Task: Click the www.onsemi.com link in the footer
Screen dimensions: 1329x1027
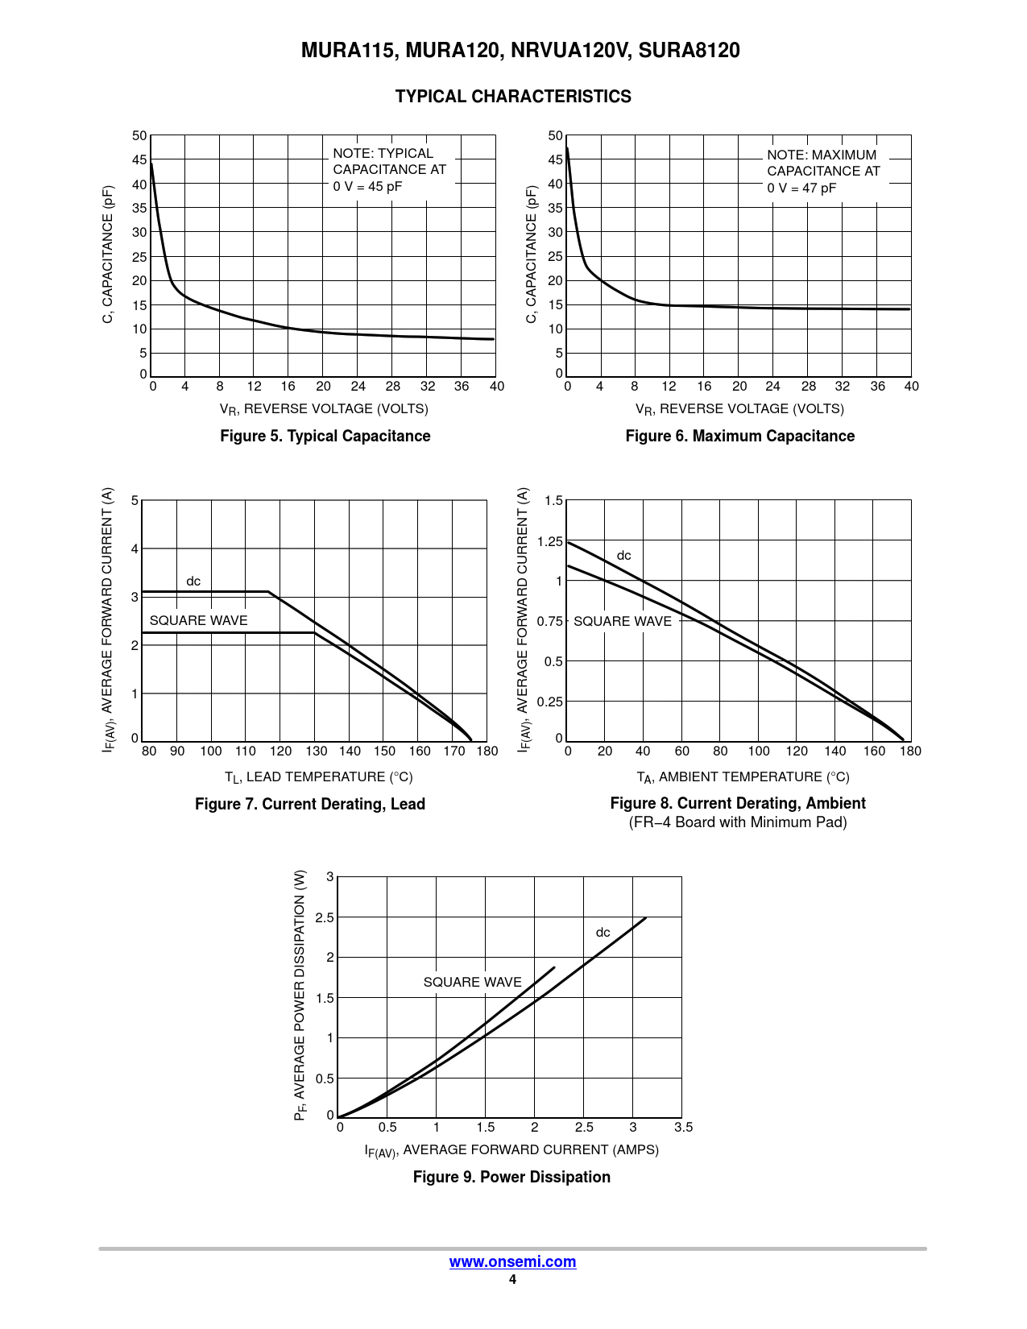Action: pyautogui.click(x=512, y=1261)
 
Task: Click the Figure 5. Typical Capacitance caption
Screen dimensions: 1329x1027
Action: pyautogui.click(x=325, y=436)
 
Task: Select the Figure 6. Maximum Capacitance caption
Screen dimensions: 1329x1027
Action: pyautogui.click(x=739, y=436)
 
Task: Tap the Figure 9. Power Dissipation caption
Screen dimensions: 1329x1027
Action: pyautogui.click(x=511, y=1177)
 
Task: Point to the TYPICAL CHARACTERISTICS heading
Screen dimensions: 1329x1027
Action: pyautogui.click(x=513, y=97)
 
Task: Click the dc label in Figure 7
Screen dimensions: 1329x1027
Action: pyautogui.click(x=193, y=581)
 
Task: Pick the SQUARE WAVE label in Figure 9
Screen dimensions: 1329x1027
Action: pyautogui.click(x=472, y=982)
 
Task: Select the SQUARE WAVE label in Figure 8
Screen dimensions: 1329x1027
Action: pyautogui.click(x=622, y=621)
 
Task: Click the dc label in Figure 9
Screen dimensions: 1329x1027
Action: pyautogui.click(x=603, y=932)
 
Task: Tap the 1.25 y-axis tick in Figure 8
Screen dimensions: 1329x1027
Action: pyautogui.click(x=550, y=541)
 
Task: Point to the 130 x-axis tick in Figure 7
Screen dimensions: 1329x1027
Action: pyautogui.click(x=317, y=751)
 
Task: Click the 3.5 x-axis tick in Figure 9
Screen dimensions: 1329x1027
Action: pyautogui.click(x=683, y=1127)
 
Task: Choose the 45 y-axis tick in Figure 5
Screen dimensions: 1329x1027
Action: pyautogui.click(x=139, y=159)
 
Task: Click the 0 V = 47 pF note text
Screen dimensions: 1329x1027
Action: pyautogui.click(x=801, y=188)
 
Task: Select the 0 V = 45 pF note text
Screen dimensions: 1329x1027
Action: pyautogui.click(x=367, y=186)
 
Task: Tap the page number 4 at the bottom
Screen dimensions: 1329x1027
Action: pyautogui.click(x=512, y=1280)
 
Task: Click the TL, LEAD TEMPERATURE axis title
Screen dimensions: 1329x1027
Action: pyautogui.click(x=318, y=776)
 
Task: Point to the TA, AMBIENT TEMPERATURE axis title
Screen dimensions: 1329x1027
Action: pyautogui.click(x=743, y=776)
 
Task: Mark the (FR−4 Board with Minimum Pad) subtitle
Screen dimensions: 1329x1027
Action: pyautogui.click(x=738, y=822)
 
